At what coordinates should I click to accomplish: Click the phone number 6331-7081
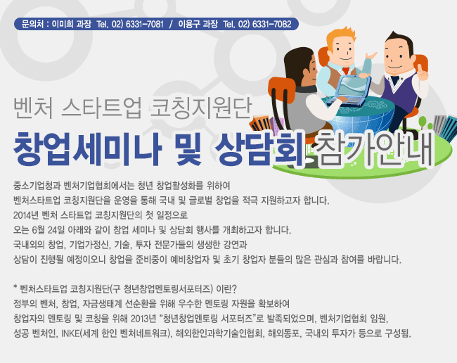(x=145, y=24)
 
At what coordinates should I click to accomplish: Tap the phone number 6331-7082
(x=271, y=24)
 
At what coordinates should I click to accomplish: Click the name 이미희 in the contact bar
(x=63, y=24)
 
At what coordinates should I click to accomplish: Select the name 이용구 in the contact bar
(x=189, y=24)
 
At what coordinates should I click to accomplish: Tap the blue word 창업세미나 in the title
(x=87, y=149)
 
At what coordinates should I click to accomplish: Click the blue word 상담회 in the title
(x=259, y=149)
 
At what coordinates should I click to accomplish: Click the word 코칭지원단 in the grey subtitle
(x=200, y=108)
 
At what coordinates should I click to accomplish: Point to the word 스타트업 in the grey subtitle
(x=102, y=108)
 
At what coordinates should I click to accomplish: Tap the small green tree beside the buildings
(x=423, y=122)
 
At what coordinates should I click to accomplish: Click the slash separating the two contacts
(x=171, y=24)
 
